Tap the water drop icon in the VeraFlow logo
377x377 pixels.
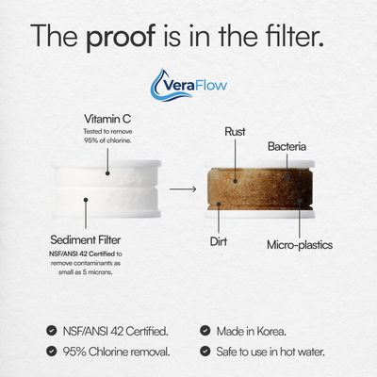pos(160,86)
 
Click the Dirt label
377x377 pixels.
pos(219,241)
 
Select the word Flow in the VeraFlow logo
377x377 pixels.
pos(210,88)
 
